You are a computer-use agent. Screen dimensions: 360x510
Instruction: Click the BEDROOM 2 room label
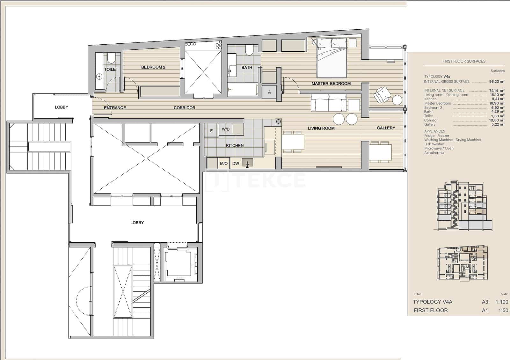pyautogui.click(x=153, y=67)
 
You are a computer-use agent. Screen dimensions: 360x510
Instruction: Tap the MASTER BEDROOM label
pyautogui.click(x=331, y=84)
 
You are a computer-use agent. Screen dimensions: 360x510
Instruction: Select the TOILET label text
pyautogui.click(x=111, y=69)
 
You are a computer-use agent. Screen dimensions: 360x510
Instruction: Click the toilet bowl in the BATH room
pyautogui.click(x=249, y=50)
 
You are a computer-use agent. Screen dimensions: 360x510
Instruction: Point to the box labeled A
pyautogui.click(x=269, y=92)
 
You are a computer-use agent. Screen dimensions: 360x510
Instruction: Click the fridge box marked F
pyautogui.click(x=211, y=131)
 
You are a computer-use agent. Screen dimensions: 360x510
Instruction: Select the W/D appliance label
pyautogui.click(x=226, y=129)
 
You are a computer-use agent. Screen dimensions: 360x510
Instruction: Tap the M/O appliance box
pyautogui.click(x=224, y=164)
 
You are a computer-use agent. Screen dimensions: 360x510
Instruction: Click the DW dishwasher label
pyautogui.click(x=236, y=164)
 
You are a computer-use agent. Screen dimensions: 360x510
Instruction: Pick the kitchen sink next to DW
pyautogui.click(x=247, y=163)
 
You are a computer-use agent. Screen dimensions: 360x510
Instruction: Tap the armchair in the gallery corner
pyautogui.click(x=382, y=95)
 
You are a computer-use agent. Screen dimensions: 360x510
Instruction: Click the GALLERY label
pyautogui.click(x=386, y=128)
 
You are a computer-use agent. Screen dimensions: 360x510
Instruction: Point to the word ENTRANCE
pyautogui.click(x=115, y=108)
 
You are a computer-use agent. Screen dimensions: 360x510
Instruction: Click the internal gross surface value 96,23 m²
pyautogui.click(x=497, y=82)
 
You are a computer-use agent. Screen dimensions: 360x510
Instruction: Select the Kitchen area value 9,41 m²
pyautogui.click(x=498, y=99)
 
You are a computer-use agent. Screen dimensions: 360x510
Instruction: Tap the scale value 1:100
pyautogui.click(x=502, y=302)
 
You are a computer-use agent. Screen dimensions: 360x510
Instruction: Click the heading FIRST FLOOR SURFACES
pyautogui.click(x=464, y=61)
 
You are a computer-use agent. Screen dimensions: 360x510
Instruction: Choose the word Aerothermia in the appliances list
pyautogui.click(x=434, y=153)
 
